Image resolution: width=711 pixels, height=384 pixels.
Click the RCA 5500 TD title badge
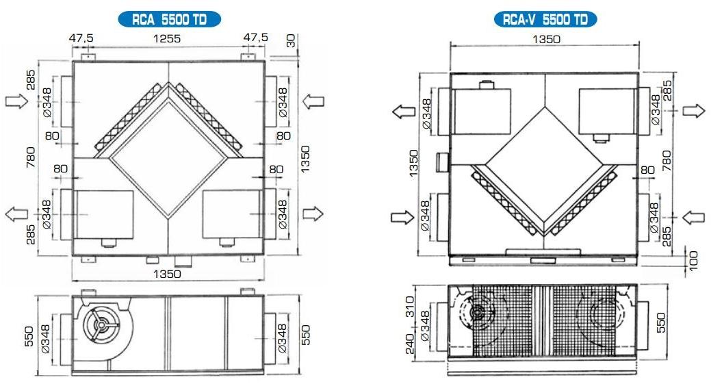click(x=169, y=18)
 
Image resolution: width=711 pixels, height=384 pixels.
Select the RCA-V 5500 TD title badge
click(x=545, y=18)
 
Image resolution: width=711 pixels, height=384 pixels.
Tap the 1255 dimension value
click(x=167, y=39)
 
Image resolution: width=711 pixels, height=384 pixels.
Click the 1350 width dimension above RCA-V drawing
click(x=545, y=39)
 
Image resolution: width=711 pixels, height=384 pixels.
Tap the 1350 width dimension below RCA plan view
click(x=167, y=274)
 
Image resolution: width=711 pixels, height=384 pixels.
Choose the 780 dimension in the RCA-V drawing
click(x=667, y=158)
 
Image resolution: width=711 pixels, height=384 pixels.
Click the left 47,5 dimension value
click(x=81, y=39)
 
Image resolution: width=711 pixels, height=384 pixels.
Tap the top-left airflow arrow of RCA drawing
click(x=17, y=102)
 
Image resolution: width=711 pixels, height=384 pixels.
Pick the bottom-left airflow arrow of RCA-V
click(x=400, y=217)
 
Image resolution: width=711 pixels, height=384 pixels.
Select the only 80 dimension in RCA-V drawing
click(x=647, y=169)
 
